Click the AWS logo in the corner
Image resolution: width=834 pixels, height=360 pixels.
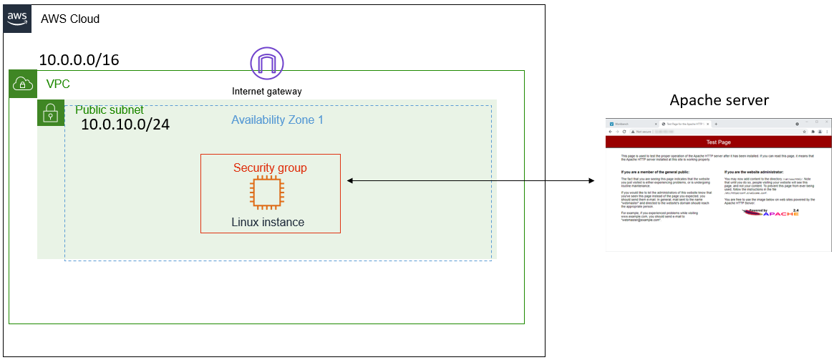point(18,18)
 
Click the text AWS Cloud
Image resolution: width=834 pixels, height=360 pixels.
point(70,19)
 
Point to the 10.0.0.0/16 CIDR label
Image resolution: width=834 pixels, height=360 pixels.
point(79,60)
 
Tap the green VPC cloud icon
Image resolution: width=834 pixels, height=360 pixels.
point(22,84)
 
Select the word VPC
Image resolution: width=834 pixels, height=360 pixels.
point(58,84)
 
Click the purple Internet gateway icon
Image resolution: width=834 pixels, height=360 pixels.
point(267,64)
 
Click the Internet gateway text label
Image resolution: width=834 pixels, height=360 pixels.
point(267,92)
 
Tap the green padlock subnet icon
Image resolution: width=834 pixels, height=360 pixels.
point(51,113)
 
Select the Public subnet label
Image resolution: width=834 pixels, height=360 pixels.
point(110,110)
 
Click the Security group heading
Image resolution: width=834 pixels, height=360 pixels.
point(270,167)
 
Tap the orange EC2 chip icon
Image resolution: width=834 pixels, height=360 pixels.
point(266,193)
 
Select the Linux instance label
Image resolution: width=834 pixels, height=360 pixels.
point(268,222)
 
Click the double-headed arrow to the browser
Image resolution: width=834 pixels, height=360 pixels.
point(470,181)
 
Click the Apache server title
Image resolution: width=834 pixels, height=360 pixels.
point(719,99)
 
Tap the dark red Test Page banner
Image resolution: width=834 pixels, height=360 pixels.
point(718,142)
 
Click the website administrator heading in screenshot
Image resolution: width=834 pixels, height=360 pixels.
point(754,172)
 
